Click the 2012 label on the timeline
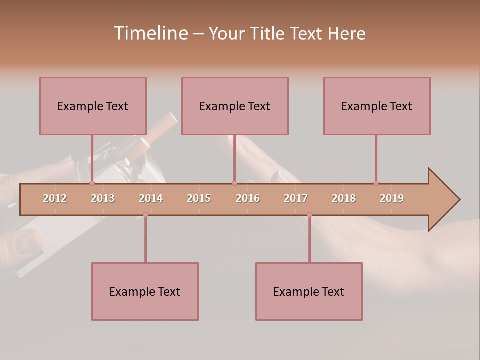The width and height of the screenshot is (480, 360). point(55,198)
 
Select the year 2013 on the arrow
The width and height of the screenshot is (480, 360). point(103,198)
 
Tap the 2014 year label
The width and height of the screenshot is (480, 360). point(151,198)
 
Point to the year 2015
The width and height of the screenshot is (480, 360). point(199,198)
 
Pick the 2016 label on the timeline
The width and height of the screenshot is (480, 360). point(248,198)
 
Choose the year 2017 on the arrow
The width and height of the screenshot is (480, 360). point(296,198)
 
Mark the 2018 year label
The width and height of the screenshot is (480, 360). point(344,198)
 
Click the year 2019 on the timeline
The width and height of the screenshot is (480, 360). point(392,198)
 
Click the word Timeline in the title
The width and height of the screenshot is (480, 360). point(150,33)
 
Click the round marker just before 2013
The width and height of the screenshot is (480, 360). point(92,183)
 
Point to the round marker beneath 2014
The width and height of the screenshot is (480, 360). point(145,214)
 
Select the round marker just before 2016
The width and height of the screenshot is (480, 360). point(234,183)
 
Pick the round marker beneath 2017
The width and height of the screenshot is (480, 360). point(309,214)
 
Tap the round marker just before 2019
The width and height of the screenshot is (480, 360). point(376,183)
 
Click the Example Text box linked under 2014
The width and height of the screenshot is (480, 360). point(145,291)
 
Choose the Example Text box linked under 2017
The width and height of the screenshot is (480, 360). point(309,291)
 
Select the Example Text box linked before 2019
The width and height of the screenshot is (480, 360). point(377,106)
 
